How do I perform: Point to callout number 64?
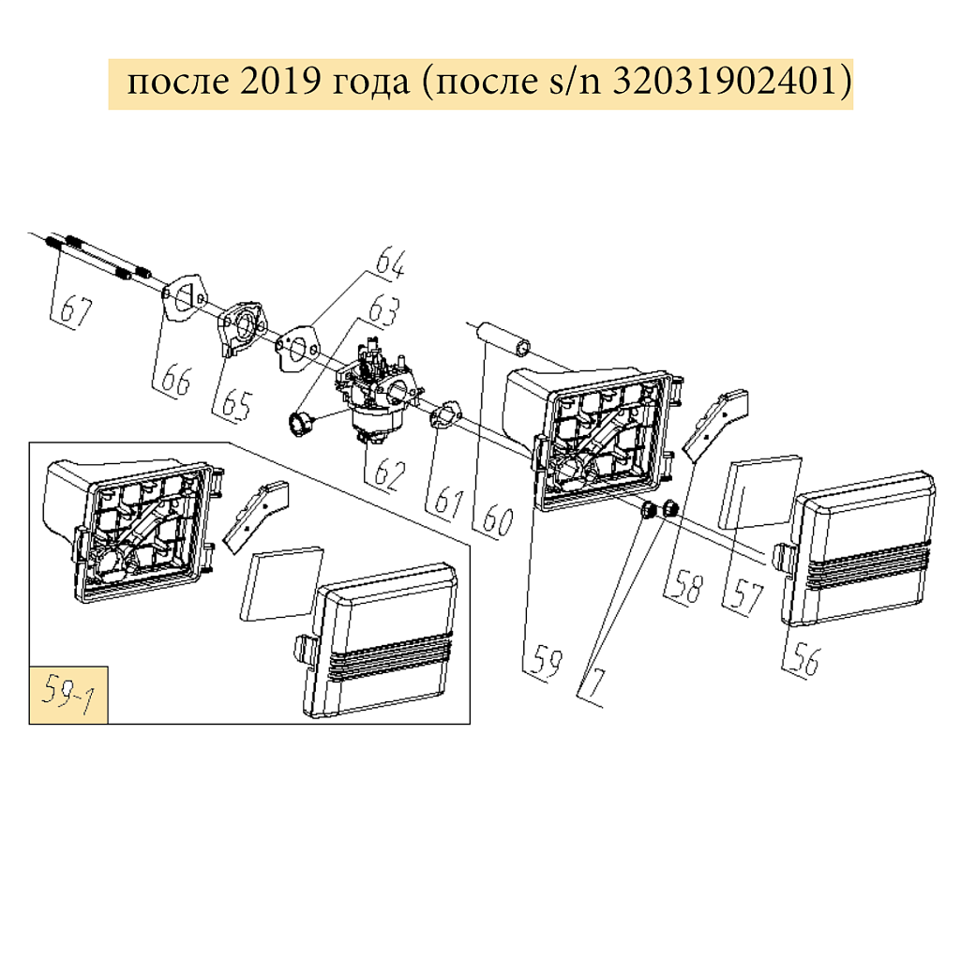click(390, 263)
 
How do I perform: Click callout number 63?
click(383, 309)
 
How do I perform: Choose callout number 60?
click(498, 518)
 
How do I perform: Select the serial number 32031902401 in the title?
click(722, 83)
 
